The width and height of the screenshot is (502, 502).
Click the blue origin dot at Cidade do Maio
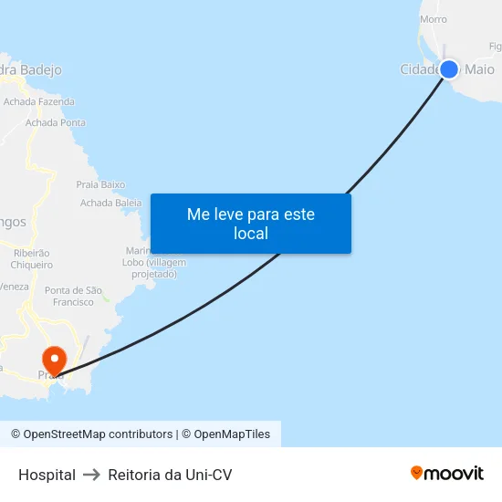click(448, 69)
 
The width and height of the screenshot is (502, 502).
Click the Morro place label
click(434, 18)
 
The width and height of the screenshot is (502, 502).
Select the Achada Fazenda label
click(39, 102)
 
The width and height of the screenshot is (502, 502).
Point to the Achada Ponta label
click(56, 122)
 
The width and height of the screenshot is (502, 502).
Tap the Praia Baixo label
click(100, 184)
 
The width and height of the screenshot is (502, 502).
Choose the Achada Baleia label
click(111, 203)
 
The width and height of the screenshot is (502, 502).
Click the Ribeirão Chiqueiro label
click(30, 258)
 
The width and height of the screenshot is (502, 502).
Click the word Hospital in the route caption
click(47, 475)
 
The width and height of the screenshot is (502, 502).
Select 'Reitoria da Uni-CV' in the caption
click(170, 475)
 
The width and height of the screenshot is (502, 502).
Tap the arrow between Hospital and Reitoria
click(92, 475)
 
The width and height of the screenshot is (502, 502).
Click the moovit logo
click(447, 473)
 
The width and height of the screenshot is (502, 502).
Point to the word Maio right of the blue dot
click(480, 69)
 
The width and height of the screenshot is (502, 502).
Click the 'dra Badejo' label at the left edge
click(31, 69)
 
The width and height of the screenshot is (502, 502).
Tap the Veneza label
click(15, 287)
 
